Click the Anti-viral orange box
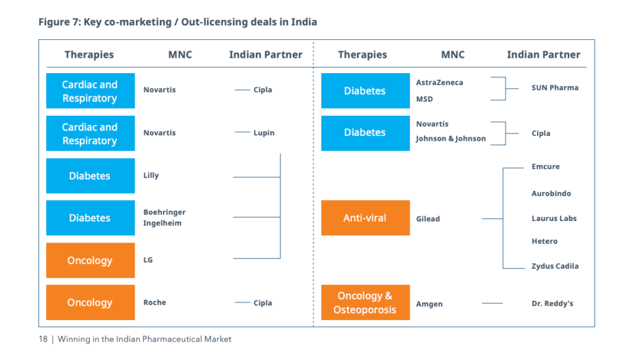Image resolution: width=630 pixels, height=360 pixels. [x=365, y=218]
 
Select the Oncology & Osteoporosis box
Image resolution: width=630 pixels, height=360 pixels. [x=365, y=303]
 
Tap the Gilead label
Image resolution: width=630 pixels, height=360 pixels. [x=428, y=218]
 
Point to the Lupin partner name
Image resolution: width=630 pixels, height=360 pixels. [x=264, y=133]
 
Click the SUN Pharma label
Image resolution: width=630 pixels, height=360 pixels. [x=555, y=87]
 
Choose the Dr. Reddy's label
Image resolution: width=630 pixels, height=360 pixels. [x=552, y=303]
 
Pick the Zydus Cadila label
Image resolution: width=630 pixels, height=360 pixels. [x=555, y=266]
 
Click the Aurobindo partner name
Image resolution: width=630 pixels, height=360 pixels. [x=551, y=193]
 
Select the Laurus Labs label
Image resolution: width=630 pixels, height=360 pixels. [x=554, y=218]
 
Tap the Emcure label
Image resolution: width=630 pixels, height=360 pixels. [x=546, y=167]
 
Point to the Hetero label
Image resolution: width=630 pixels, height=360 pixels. [x=544, y=241]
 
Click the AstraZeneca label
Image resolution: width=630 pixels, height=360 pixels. [x=439, y=82]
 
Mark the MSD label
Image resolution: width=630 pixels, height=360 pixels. [x=425, y=99]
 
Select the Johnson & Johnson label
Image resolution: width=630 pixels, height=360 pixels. [x=450, y=138]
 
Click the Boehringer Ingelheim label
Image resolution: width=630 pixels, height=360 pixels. [x=164, y=217]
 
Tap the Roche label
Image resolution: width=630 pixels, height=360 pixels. [x=154, y=302]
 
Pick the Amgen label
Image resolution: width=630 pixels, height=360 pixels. [x=429, y=304]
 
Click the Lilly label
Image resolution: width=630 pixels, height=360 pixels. [x=151, y=175]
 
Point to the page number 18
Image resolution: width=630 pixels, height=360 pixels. [x=43, y=339]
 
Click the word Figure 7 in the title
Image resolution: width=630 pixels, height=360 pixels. [x=59, y=22]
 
